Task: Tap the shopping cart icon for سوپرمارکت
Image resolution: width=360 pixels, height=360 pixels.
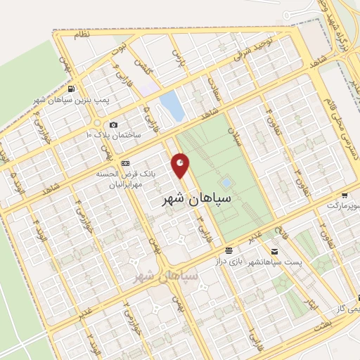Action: point(345,195)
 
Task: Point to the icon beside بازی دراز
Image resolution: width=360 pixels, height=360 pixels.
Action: point(229,250)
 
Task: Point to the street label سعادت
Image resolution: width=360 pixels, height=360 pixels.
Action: point(214,87)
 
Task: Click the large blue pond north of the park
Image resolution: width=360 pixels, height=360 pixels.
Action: point(172,105)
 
